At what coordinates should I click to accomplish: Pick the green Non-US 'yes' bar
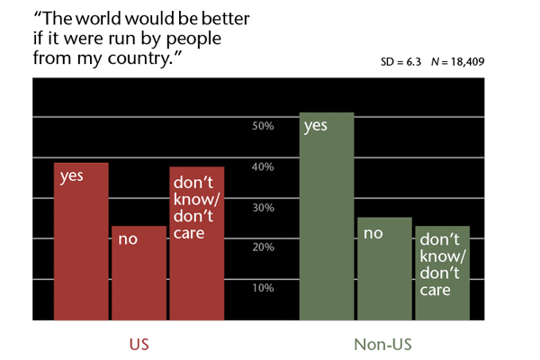[327, 216]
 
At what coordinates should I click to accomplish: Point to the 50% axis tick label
[263, 126]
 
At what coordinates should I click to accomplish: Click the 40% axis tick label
[263, 166]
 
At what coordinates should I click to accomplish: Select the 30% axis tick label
[263, 207]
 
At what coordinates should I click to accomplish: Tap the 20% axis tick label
[263, 247]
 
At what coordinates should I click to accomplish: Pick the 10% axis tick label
[263, 288]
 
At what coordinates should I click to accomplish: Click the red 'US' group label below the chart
[139, 344]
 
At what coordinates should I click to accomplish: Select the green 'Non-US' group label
[384, 344]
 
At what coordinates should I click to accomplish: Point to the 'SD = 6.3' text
[402, 65]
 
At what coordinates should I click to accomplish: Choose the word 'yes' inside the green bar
[315, 126]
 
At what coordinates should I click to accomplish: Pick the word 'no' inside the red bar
[127, 240]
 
